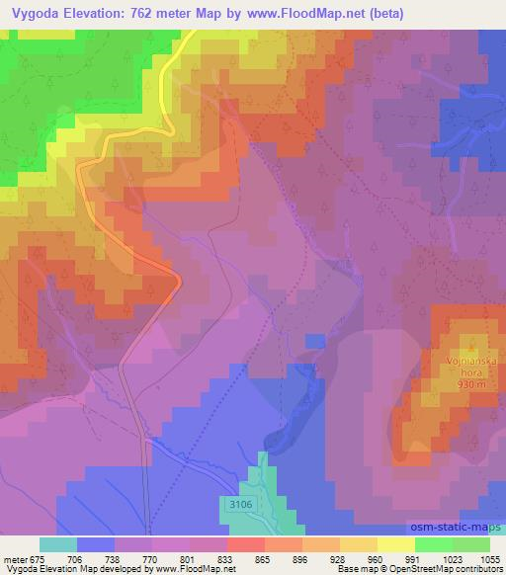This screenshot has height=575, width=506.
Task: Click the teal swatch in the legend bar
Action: [57, 544]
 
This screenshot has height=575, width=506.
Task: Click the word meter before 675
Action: [15, 559]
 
